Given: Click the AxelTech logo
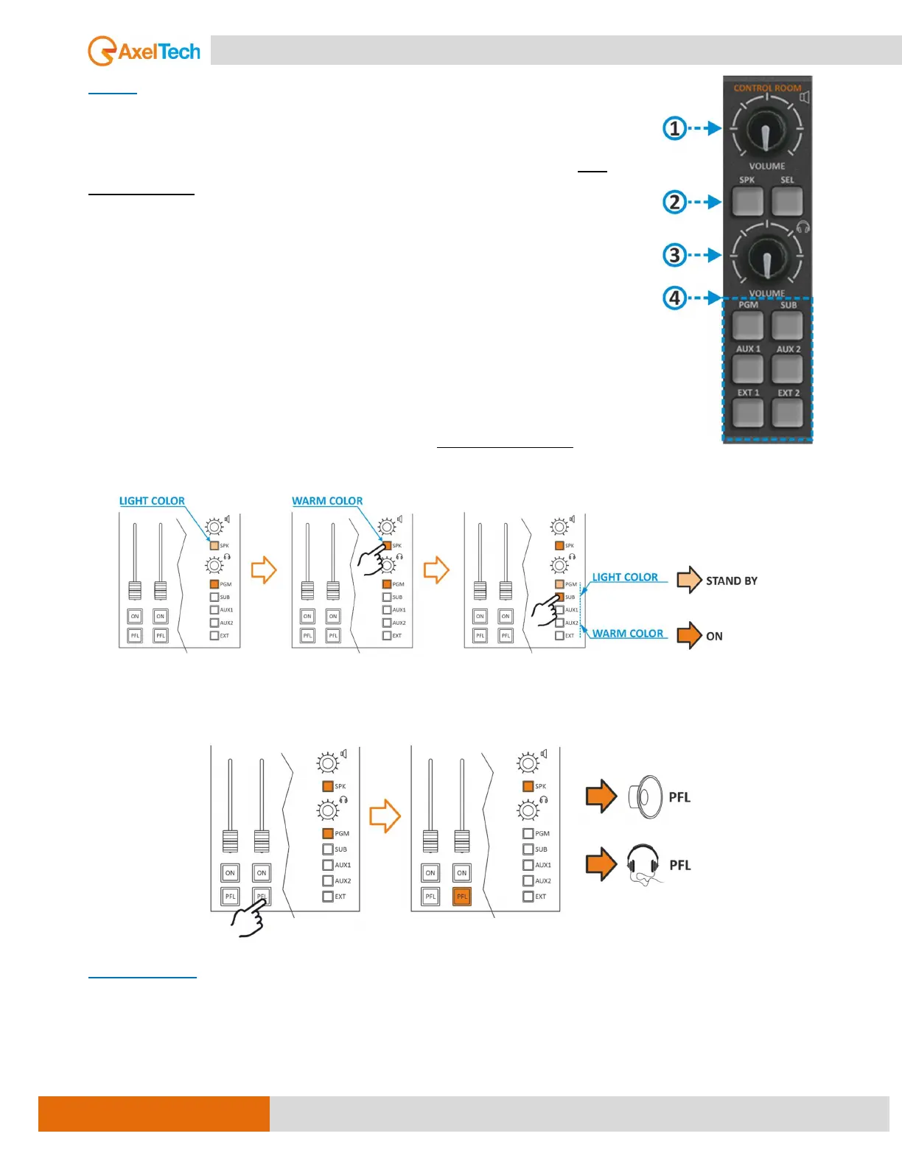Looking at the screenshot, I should [x=144, y=52].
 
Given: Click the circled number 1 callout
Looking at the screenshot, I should [x=674, y=128].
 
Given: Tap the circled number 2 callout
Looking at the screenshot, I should [x=674, y=202].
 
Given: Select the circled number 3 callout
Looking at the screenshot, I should [x=674, y=255].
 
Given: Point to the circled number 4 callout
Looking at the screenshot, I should [x=674, y=298].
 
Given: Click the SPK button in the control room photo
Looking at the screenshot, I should [x=747, y=201].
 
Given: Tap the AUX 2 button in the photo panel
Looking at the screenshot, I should [x=787, y=368].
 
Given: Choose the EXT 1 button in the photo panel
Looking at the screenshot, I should [x=747, y=413].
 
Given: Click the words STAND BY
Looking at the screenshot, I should [x=731, y=581].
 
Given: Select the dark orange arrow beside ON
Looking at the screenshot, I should [x=689, y=635].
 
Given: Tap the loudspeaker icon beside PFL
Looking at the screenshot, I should [x=646, y=797].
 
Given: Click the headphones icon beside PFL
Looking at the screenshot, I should [x=643, y=863].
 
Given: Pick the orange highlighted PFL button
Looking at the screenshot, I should [x=461, y=897].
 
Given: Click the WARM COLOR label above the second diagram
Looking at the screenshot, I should [x=327, y=501].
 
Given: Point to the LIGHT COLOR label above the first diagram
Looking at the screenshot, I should [x=152, y=501].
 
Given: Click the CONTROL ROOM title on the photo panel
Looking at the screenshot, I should [x=766, y=88].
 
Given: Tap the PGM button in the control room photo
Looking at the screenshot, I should [x=747, y=324].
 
